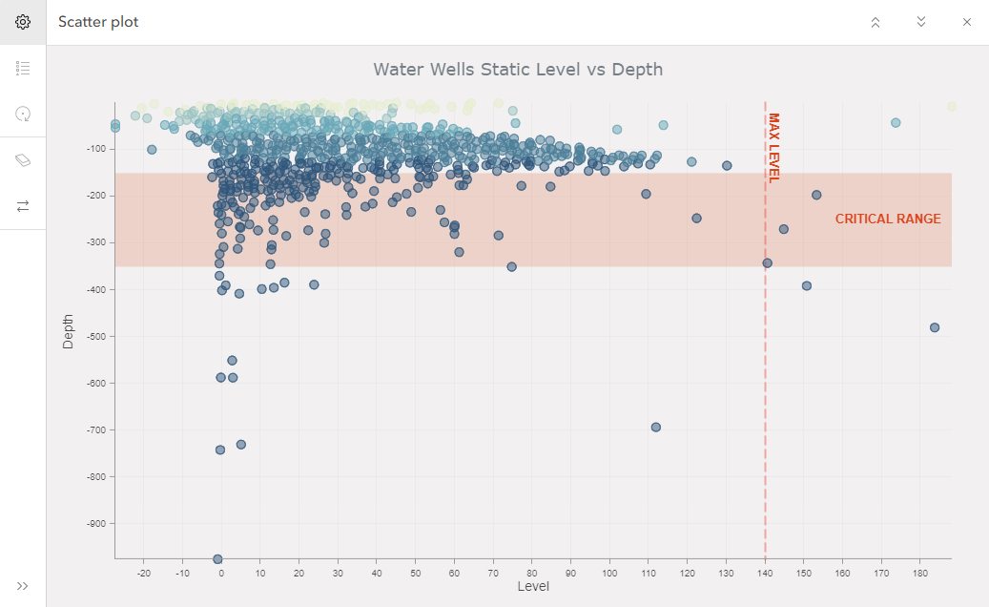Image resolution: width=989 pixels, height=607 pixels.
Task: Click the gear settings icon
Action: pos(23,22)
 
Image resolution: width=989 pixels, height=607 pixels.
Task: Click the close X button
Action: pos(966,22)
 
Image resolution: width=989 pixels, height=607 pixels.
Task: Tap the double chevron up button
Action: pos(876,22)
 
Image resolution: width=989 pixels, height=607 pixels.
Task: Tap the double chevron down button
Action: pos(921,22)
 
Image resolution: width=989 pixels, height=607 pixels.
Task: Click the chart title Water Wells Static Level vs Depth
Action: pos(518,70)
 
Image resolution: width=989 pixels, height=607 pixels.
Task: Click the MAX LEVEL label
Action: pos(774,147)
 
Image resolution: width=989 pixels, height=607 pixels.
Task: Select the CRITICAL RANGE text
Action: pos(888,220)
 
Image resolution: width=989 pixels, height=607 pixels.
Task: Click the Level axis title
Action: pos(533,587)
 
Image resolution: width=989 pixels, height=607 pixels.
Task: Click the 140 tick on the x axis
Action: pos(765,573)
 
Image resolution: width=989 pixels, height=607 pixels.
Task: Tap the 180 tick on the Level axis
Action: pos(920,573)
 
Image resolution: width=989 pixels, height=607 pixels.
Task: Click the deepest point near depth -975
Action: pos(217,559)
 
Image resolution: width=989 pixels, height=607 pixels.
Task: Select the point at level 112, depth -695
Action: pos(656,427)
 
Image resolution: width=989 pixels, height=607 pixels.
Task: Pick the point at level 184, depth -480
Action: pos(935,327)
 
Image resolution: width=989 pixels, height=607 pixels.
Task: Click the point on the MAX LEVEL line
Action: pos(767,262)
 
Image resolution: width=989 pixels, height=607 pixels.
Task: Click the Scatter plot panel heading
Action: pos(98,22)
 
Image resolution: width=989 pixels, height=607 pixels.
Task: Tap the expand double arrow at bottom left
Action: pos(23,586)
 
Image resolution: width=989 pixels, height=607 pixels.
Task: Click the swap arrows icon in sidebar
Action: pos(23,205)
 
